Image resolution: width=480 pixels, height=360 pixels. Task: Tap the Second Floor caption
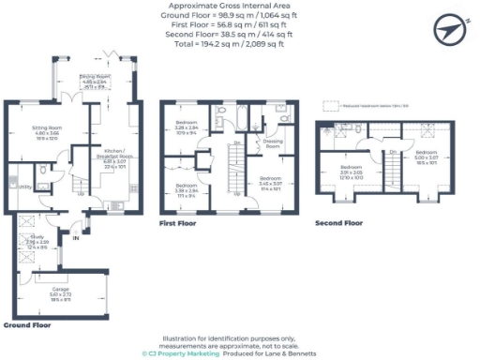point(339,224)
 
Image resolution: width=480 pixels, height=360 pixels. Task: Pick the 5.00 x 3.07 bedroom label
point(426,156)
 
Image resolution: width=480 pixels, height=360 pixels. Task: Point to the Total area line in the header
point(239,43)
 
